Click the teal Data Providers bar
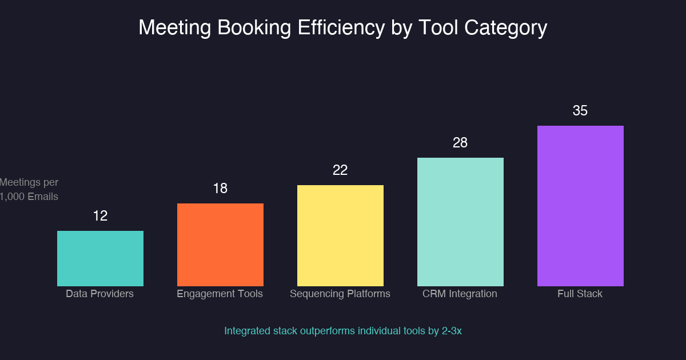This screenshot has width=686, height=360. [x=100, y=258]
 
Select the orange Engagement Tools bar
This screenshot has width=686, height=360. [x=220, y=245]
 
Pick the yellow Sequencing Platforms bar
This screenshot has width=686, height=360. [x=340, y=235]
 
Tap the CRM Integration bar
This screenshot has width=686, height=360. [x=460, y=222]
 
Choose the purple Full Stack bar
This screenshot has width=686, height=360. [x=580, y=206]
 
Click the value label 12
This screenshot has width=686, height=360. [x=100, y=216]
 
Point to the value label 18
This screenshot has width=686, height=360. [x=220, y=189]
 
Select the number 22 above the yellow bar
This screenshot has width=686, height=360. [x=340, y=170]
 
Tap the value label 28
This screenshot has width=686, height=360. [x=460, y=143]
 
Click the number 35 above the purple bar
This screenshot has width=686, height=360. [x=580, y=111]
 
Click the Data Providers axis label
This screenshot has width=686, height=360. [x=100, y=294]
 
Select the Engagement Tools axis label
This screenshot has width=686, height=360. [x=220, y=294]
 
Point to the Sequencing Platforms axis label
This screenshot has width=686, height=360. [x=340, y=294]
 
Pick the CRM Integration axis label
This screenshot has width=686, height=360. [x=460, y=294]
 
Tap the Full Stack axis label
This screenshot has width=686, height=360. [x=580, y=294]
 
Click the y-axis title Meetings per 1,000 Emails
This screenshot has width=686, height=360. [x=29, y=189]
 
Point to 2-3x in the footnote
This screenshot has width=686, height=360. [x=452, y=331]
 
